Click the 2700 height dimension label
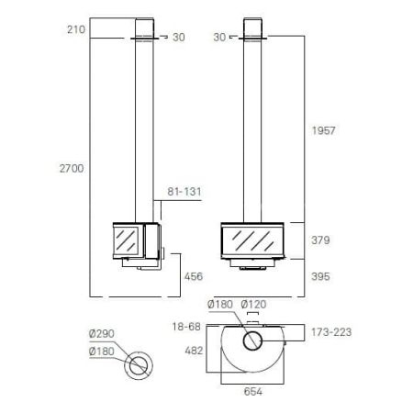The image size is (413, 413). point(72,169)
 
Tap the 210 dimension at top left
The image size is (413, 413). point(76,29)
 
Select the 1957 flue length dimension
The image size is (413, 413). point(324,131)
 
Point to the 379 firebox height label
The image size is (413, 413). point(320,240)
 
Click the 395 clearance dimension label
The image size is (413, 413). point(320,276)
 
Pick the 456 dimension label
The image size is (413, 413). point(194,276)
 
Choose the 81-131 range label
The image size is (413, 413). point(184,192)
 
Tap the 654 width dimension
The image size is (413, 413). point(253,392)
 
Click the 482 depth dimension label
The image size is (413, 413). point(194,351)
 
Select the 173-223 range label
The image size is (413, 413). point(331,332)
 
